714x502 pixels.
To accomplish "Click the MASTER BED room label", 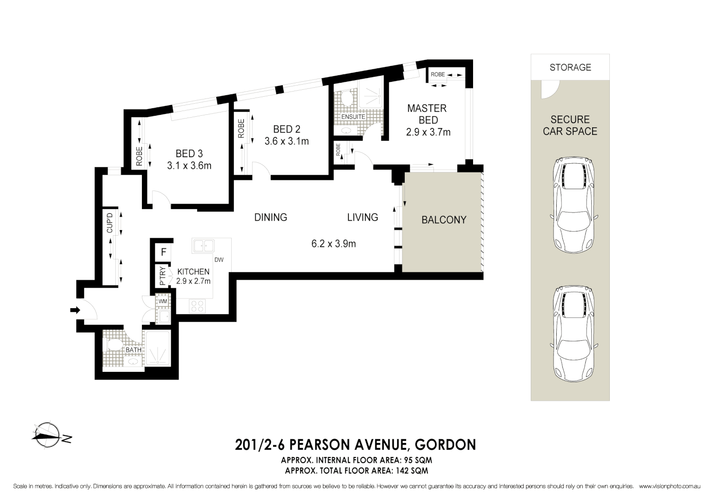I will (427, 114).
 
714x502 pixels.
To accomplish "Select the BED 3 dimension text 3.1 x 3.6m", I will (189, 165).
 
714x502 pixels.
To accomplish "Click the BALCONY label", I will (444, 220).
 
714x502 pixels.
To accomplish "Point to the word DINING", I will (270, 217).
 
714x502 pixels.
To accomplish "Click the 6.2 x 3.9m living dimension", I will (334, 244).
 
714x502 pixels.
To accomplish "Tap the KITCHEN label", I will (193, 271).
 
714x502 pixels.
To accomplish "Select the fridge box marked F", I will (163, 252).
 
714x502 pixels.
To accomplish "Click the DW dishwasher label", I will (219, 259).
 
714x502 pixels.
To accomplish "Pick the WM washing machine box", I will (163, 301).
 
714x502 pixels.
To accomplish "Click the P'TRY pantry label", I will (162, 276).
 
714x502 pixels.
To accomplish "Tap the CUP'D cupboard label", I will (110, 223).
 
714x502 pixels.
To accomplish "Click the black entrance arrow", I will (74, 310).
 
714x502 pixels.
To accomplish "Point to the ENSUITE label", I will (353, 117).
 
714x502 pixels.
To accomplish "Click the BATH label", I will (133, 350).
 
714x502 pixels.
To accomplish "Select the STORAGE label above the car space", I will (570, 67).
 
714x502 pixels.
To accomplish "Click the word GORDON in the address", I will (445, 445).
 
